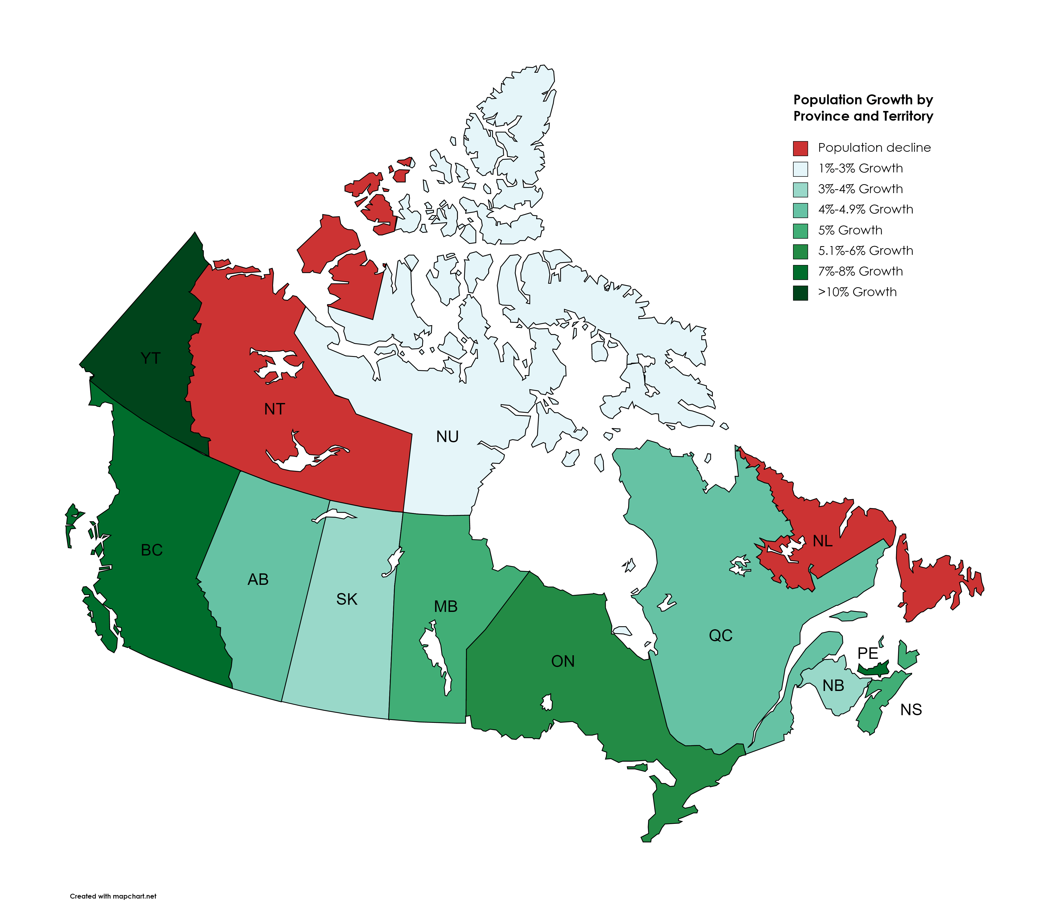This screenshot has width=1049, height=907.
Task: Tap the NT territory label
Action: [274, 409]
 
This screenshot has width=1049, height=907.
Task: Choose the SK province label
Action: [347, 599]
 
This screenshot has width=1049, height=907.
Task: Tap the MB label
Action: [446, 606]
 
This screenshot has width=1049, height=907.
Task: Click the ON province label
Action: [563, 661]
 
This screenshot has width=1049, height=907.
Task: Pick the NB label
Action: [833, 686]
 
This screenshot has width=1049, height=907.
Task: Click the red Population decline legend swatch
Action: [800, 148]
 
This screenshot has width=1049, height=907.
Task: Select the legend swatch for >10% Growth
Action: [800, 293]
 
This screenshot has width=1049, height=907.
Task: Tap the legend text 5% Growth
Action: [850, 230]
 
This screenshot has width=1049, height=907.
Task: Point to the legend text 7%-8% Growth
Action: [860, 271]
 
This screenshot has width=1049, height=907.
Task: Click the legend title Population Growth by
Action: [863, 100]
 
